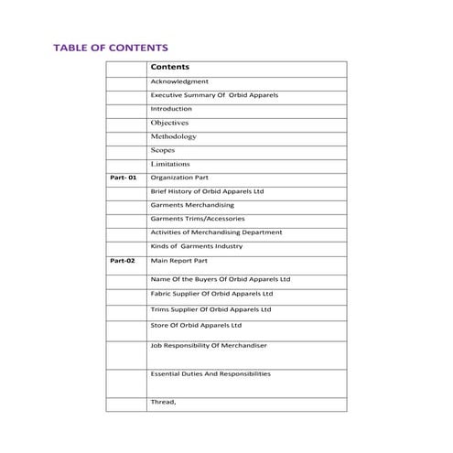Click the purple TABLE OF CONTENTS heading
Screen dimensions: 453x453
[110, 47]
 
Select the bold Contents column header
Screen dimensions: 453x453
[169, 68]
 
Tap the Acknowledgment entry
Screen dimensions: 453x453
[179, 82]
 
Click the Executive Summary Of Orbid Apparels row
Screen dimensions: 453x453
[214, 95]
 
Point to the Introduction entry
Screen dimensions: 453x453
[171, 109]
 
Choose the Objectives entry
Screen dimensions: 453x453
[169, 122]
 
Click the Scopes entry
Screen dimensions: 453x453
[163, 149]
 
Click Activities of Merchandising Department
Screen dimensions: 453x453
[216, 232]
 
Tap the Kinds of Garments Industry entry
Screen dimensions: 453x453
[196, 245]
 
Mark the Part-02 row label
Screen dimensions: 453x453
[123, 261]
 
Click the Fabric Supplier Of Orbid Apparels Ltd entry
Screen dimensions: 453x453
[211, 294]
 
